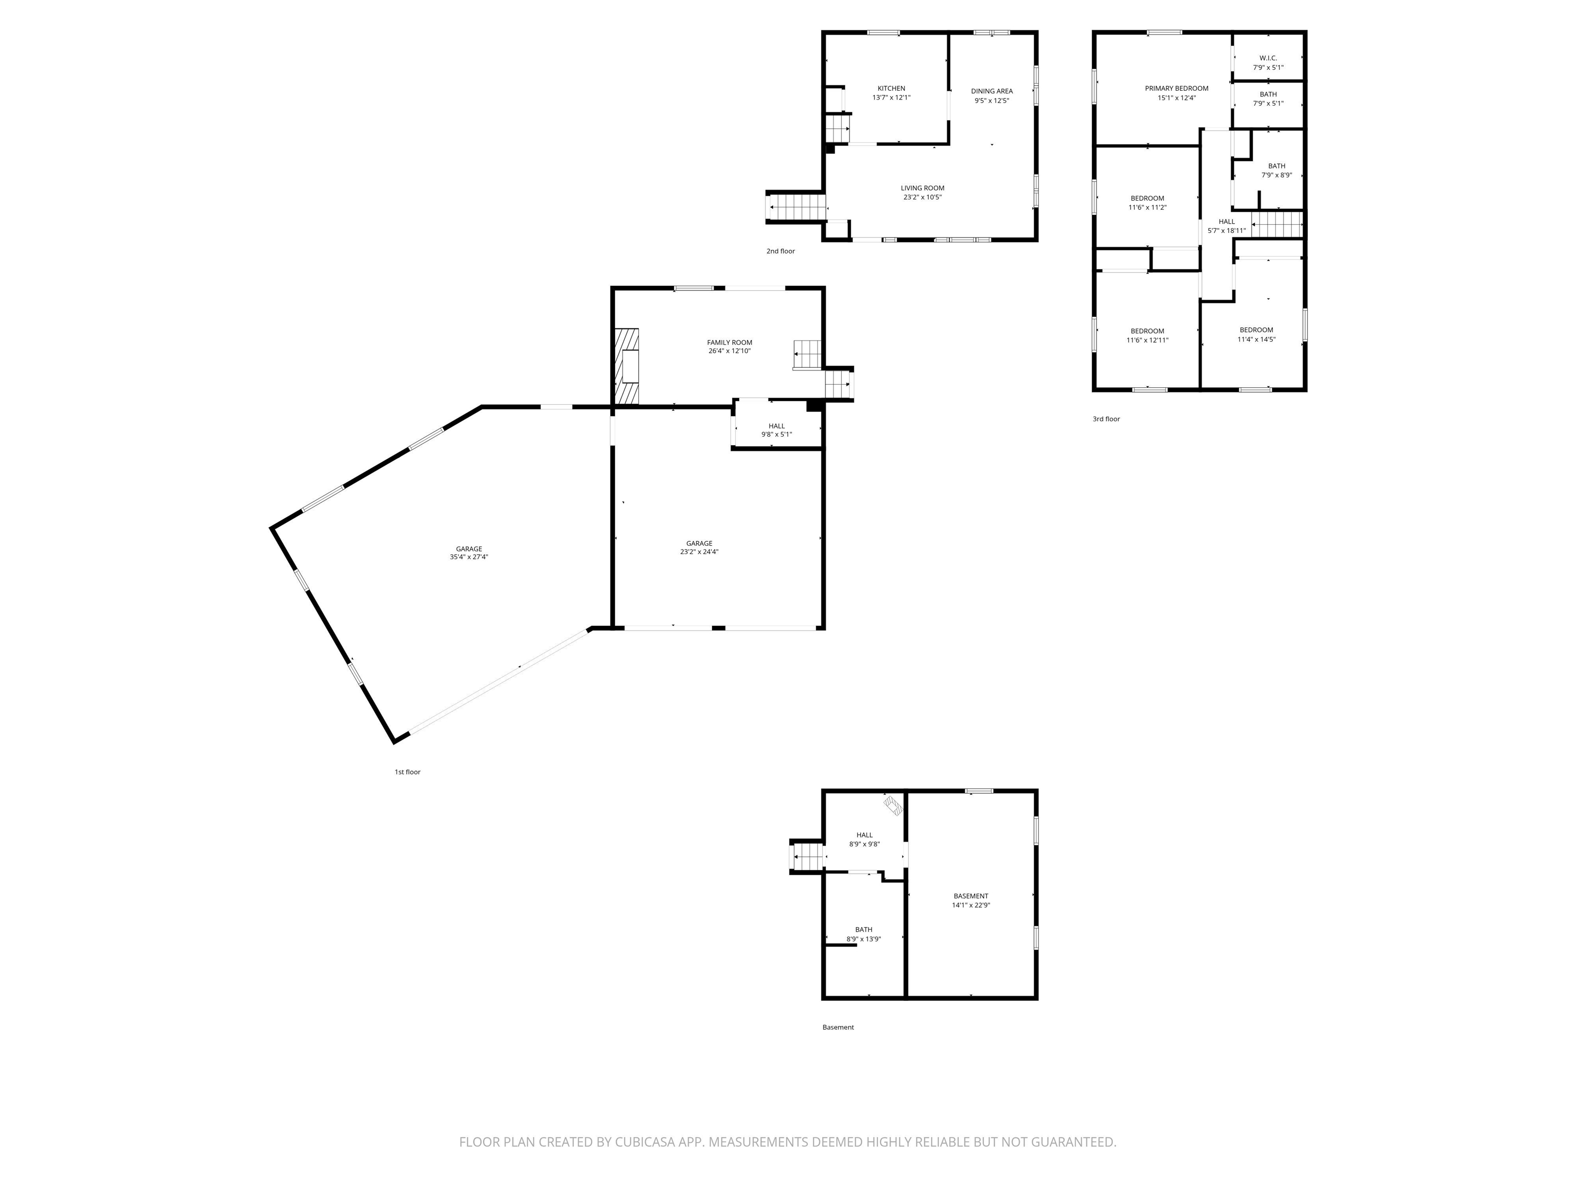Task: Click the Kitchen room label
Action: (891, 88)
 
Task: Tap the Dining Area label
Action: (991, 91)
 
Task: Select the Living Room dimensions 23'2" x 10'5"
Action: (922, 198)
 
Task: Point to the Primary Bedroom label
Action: (1176, 88)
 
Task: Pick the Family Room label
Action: (729, 343)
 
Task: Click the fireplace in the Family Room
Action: (628, 366)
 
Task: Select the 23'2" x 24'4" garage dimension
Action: (698, 551)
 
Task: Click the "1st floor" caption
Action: (407, 772)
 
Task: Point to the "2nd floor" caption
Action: (780, 251)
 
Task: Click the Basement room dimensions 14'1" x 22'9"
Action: (971, 905)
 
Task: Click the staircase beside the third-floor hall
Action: (1277, 225)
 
